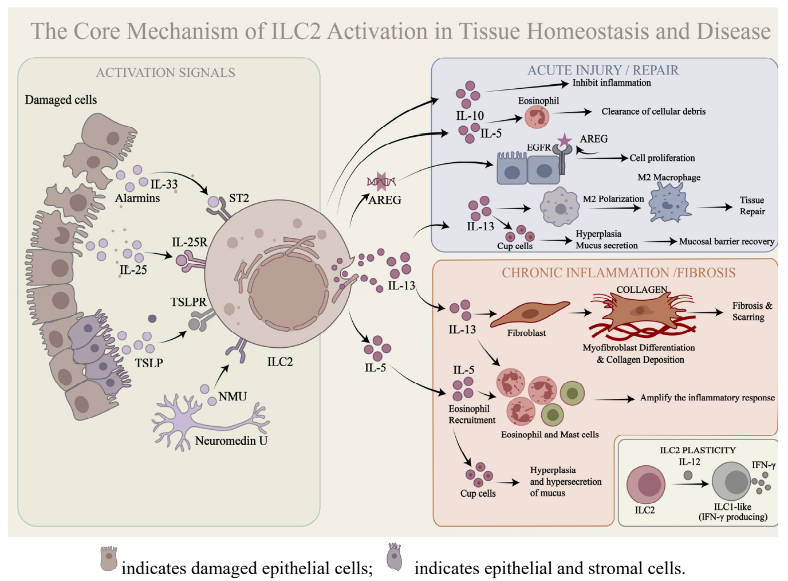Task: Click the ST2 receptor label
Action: [239, 198]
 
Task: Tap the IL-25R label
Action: [190, 242]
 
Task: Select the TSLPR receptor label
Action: [188, 302]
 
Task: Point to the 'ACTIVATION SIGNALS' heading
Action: [166, 73]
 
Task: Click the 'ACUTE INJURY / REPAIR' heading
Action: [602, 70]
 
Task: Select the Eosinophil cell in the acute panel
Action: [537, 117]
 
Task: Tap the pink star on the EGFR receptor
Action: [565, 140]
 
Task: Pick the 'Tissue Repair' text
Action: [752, 206]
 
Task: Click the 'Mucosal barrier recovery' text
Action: [726, 242]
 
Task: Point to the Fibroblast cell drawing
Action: [529, 313]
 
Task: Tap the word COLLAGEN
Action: [641, 290]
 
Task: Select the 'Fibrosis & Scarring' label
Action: [751, 311]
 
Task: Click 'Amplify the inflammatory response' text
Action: [707, 398]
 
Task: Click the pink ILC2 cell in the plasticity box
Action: [646, 485]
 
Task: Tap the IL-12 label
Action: [689, 462]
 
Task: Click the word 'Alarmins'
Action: [137, 198]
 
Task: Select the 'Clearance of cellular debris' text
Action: [653, 112]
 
